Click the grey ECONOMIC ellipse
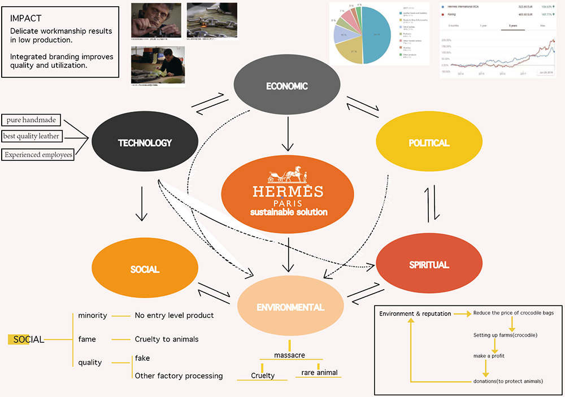coord(287,86)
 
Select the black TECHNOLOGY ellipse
coord(145,143)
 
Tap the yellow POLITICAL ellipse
coord(428,143)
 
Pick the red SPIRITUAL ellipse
coord(428,264)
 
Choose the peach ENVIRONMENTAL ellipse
coord(290,307)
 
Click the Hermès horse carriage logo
coord(288,172)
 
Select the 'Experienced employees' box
coord(38,154)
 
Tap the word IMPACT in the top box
coord(26,19)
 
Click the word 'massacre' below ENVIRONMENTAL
coord(290,354)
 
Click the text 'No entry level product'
coord(174,315)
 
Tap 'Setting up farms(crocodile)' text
coord(505,335)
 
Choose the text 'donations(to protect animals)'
coord(508,381)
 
